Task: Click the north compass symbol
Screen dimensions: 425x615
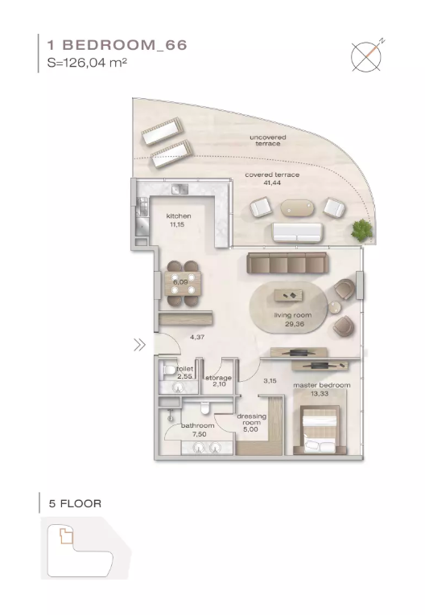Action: [366, 56]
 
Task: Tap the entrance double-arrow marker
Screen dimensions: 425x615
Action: [139, 345]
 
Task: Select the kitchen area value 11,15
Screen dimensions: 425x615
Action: [177, 225]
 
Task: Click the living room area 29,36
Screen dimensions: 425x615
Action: [295, 324]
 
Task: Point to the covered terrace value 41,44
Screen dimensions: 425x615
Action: [272, 182]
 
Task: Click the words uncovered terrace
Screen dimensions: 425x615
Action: [268, 141]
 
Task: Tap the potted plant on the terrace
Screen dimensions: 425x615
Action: [361, 230]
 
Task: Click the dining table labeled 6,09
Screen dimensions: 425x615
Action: [183, 284]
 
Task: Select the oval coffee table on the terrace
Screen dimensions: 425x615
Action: [297, 208]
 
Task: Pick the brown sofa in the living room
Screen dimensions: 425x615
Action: [287, 263]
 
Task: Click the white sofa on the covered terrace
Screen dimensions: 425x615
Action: [298, 232]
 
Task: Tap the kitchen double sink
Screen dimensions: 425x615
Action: [179, 189]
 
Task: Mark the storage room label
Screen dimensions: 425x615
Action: [218, 378]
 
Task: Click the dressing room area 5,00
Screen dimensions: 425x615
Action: [250, 429]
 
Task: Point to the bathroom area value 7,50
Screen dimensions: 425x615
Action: [199, 434]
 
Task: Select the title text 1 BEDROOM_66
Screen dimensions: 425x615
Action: [117, 45]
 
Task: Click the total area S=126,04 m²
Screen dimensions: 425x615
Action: [87, 63]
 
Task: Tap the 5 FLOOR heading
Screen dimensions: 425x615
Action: [75, 503]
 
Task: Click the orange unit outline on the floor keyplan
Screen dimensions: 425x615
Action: [66, 535]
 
